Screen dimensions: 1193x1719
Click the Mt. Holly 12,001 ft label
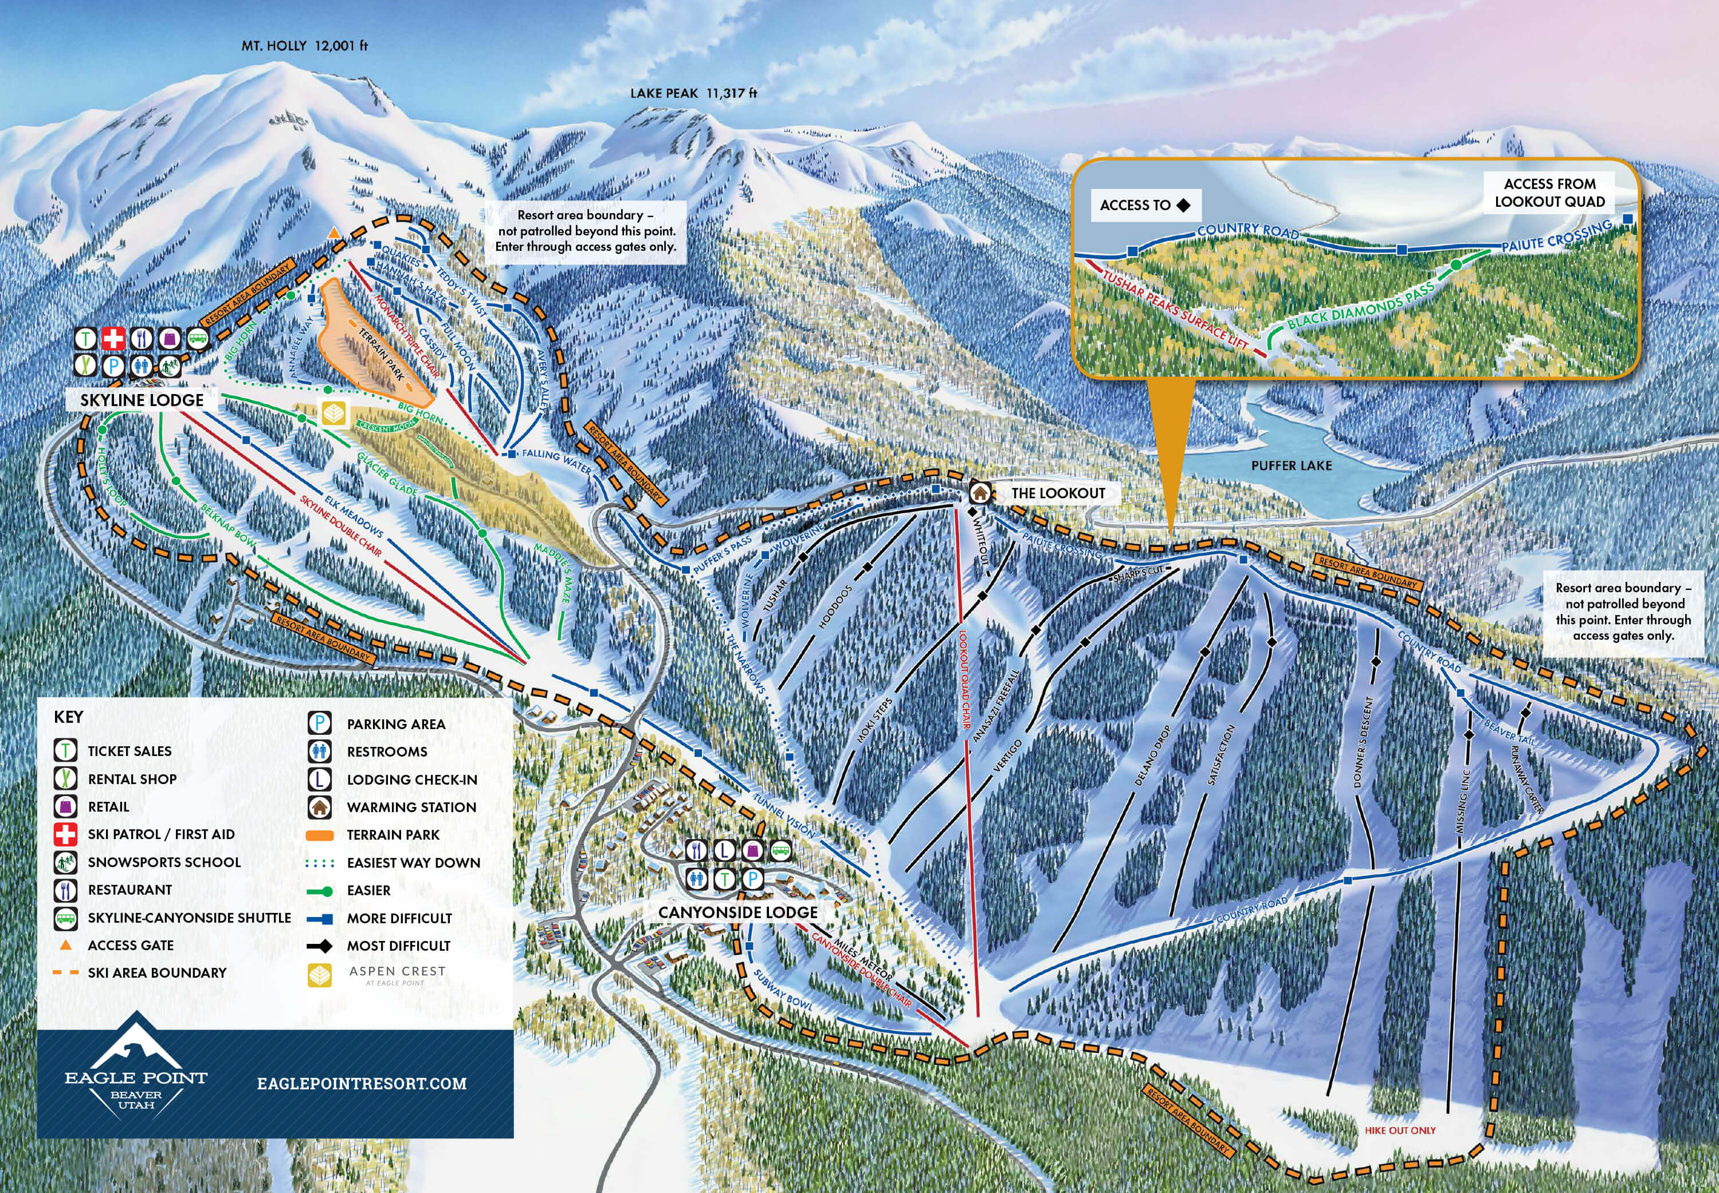click(304, 46)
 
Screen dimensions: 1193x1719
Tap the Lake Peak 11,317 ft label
click(693, 93)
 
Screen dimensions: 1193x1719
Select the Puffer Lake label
click(1292, 466)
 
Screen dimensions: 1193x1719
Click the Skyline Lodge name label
click(142, 400)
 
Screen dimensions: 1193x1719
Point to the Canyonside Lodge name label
click(737, 912)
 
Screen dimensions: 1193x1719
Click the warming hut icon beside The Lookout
click(979, 493)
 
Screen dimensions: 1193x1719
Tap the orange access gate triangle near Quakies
click(334, 233)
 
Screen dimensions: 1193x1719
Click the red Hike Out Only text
click(1400, 1130)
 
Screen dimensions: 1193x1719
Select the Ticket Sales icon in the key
click(66, 750)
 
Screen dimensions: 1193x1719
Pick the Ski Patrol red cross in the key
click(66, 833)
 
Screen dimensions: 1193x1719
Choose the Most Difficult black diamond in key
click(320, 946)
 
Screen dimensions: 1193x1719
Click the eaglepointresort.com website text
click(362, 1083)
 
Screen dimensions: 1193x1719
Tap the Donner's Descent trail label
click(1363, 742)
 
